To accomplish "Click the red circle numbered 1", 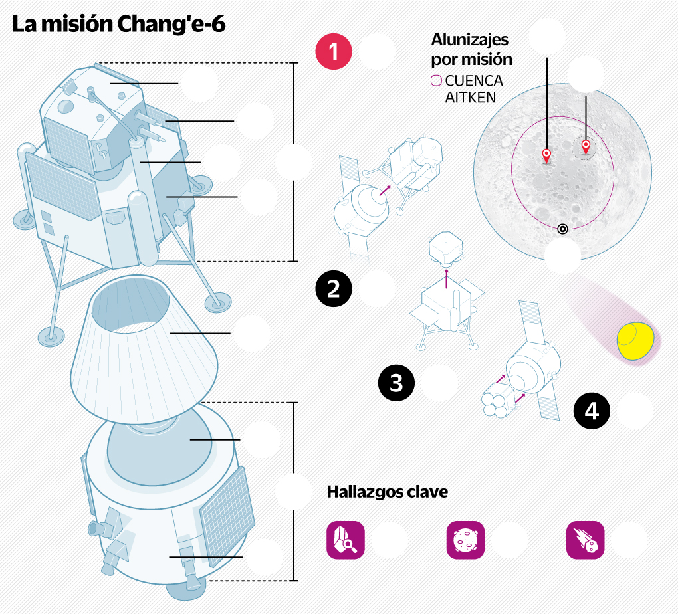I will [x=333, y=52].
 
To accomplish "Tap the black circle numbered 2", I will [x=333, y=288].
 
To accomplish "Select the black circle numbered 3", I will [x=396, y=383].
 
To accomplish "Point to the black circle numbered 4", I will [x=592, y=411].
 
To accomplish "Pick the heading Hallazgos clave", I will [x=388, y=492].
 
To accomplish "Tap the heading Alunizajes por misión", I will [x=471, y=49].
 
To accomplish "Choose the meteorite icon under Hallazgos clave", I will [x=585, y=539].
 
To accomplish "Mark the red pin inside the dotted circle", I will [x=586, y=146].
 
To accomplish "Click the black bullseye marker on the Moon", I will [x=563, y=229].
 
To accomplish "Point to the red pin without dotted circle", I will [x=546, y=156].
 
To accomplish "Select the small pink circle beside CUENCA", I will [x=436, y=81].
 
